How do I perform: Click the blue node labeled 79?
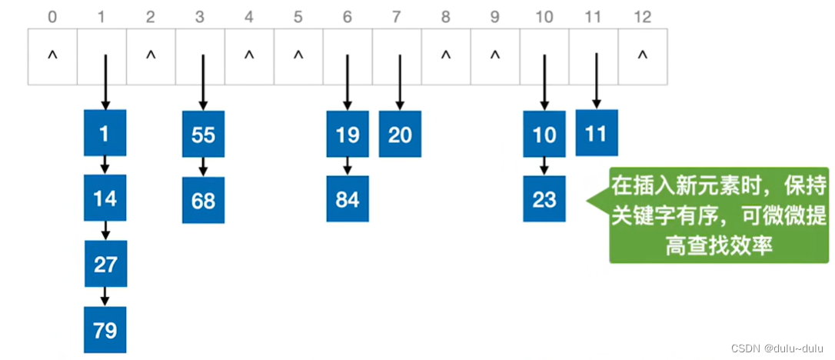coord(105,330)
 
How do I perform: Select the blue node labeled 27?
coord(105,264)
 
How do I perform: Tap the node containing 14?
coord(105,198)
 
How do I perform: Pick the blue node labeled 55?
coord(203,135)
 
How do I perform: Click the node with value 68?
coord(203,200)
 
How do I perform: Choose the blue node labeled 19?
coord(348,135)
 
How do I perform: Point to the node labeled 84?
coord(348,199)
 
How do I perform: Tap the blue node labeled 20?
coord(400,135)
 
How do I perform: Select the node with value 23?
coord(544,199)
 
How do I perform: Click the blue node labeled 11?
coord(596,132)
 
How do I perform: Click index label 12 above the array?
coord(642,15)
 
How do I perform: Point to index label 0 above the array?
coord(52,15)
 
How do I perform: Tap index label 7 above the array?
coord(397,15)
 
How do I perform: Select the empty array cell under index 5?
coord(298,56)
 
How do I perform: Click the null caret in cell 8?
coord(446,56)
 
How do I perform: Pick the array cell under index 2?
coord(151,56)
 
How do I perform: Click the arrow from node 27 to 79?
coord(105,296)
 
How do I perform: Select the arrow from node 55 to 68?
coord(203,166)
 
